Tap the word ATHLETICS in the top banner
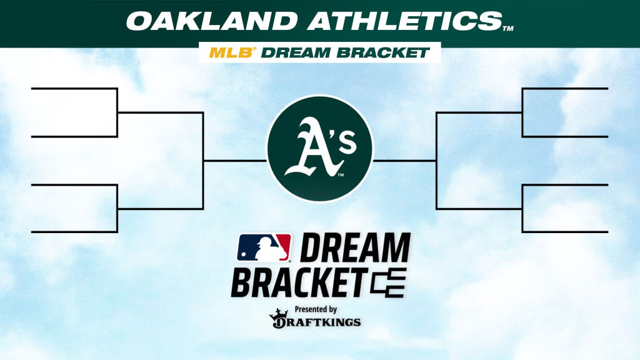click(x=404, y=21)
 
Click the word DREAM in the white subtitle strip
click(x=296, y=52)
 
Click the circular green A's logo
click(x=320, y=149)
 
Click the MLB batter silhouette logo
click(x=264, y=247)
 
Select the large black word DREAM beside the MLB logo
click(x=355, y=247)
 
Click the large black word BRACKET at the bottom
click(x=301, y=282)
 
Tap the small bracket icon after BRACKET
click(x=389, y=282)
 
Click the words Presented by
click(x=316, y=309)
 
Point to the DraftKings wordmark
click(x=315, y=322)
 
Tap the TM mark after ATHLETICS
click(x=507, y=29)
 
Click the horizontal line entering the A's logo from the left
click(x=235, y=161)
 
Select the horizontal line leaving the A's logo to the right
click(x=404, y=161)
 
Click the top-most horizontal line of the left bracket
click(x=74, y=88)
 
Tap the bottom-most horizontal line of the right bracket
click(x=565, y=232)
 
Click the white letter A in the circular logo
click(x=313, y=147)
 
